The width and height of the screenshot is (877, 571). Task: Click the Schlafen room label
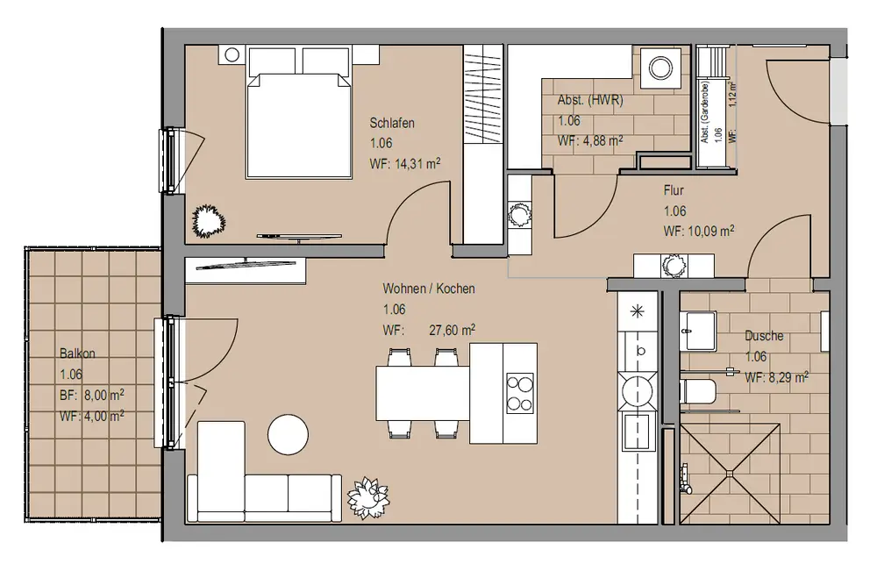(391, 123)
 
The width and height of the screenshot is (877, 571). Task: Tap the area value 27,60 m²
(452, 330)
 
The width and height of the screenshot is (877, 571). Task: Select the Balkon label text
(77, 353)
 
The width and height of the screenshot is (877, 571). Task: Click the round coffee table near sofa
(288, 434)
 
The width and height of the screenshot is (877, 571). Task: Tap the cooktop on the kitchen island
(520, 394)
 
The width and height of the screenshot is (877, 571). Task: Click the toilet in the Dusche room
(698, 391)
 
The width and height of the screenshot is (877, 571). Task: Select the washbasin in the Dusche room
(697, 331)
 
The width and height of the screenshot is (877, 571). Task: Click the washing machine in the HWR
(660, 68)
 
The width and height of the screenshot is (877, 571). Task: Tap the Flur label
(674, 190)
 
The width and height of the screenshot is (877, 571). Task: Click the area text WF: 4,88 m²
(590, 141)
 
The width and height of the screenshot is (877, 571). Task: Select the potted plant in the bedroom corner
(209, 221)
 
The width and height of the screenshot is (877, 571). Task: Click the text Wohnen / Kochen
(429, 289)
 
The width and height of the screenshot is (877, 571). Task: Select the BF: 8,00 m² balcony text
(92, 395)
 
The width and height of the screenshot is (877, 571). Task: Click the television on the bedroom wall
(299, 237)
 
